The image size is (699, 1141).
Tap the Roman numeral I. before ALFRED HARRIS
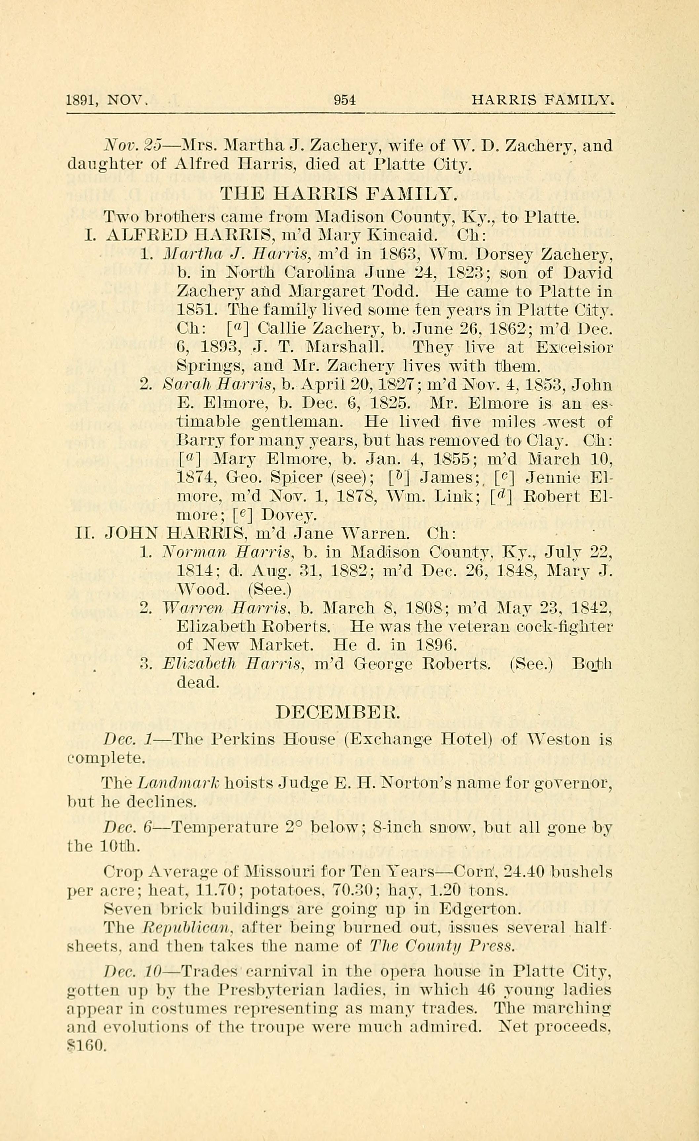point(90,235)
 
